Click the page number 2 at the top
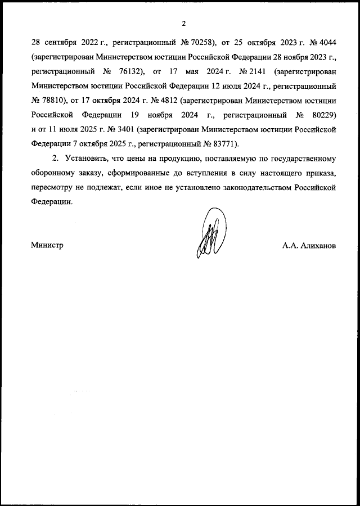pyautogui.click(x=183, y=24)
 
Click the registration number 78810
pyautogui.click(x=49, y=101)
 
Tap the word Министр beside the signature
pyautogui.click(x=47, y=246)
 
